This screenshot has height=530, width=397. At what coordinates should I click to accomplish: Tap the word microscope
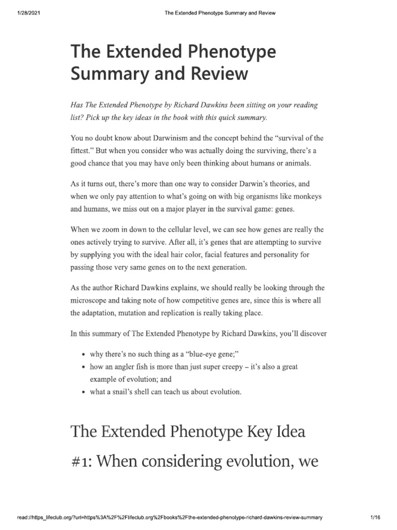click(90, 300)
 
